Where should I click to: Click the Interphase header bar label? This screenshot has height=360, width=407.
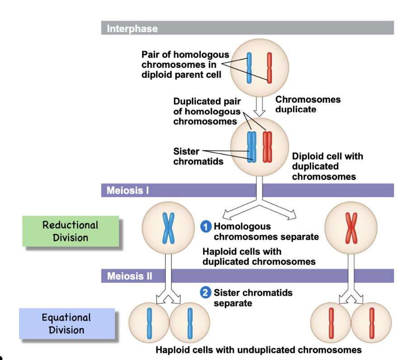[132, 28]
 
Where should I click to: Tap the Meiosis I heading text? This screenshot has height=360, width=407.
[128, 190]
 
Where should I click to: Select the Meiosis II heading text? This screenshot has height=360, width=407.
[129, 275]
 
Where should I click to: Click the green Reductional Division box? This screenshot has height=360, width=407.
[70, 231]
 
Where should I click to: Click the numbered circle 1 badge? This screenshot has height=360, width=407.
[206, 227]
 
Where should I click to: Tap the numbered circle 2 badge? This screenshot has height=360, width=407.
[206, 293]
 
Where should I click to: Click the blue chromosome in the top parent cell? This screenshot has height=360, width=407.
[249, 68]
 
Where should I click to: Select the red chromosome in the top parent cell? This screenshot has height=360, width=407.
[270, 68]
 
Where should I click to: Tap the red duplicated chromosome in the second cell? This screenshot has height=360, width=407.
[268, 147]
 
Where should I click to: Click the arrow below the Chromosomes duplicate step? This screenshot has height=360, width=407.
[259, 106]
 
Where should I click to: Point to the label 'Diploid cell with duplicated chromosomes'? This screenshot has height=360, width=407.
[327, 166]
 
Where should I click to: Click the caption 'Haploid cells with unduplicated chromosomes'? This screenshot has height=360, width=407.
[258, 350]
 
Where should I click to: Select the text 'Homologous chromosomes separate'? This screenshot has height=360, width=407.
[266, 232]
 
